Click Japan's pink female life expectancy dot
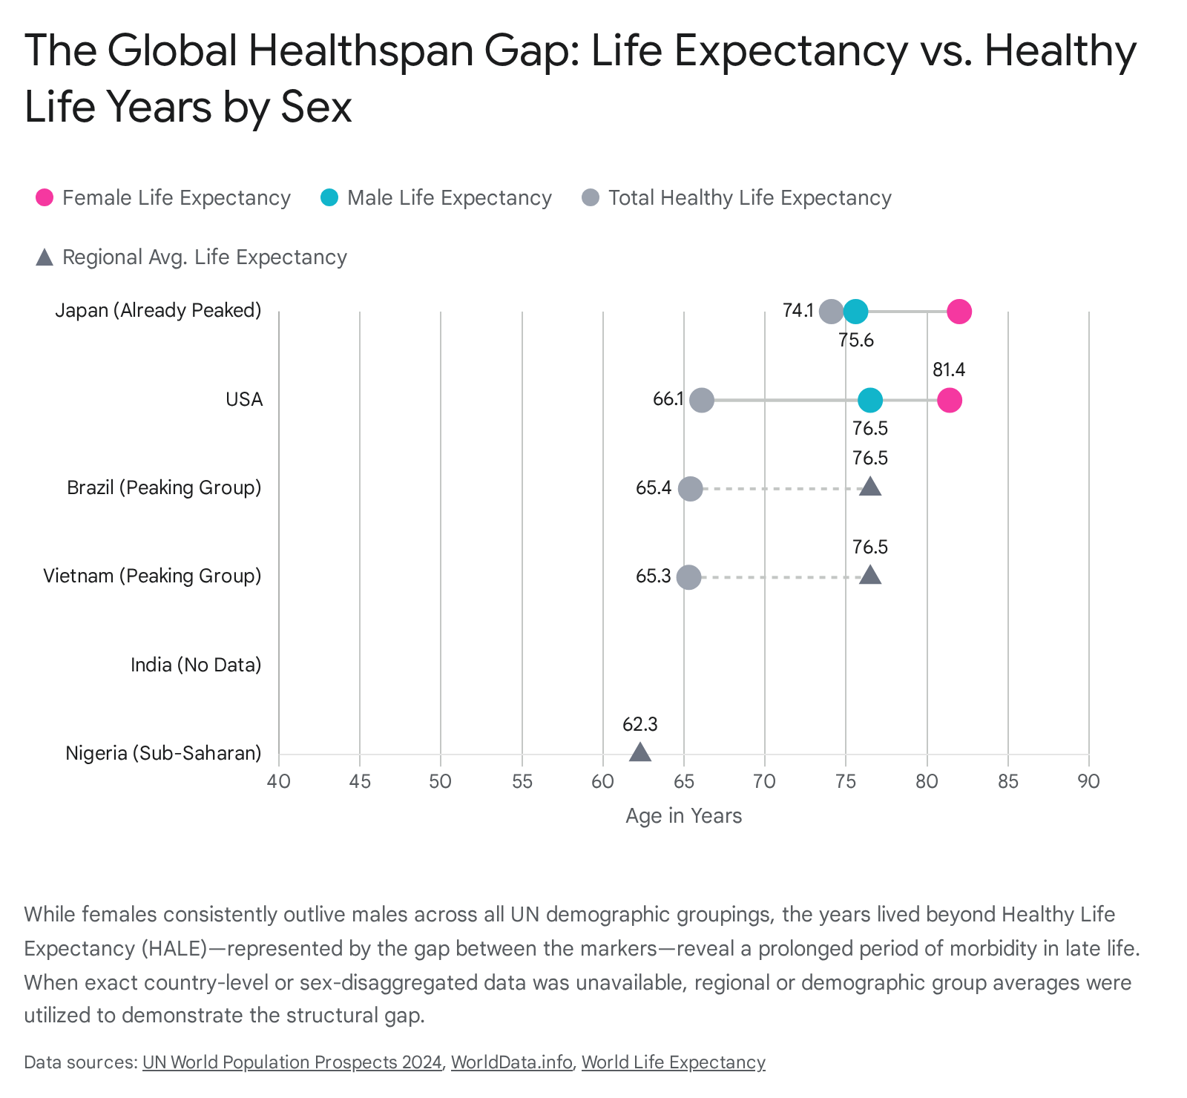(959, 312)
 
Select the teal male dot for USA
(870, 401)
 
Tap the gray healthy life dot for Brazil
(691, 489)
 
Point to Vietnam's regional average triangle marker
(870, 575)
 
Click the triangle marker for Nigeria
(640, 752)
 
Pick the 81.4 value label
(949, 369)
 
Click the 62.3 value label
(640, 724)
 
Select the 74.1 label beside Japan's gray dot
(798, 310)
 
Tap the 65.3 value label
(654, 576)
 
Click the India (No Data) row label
(196, 665)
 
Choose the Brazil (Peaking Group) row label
(164, 488)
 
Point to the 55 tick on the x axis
(522, 781)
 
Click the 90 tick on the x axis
(1089, 781)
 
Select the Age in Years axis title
(684, 816)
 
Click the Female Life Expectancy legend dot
(45, 197)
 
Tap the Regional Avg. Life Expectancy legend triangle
(45, 257)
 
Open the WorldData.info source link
(512, 1062)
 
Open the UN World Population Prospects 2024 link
(292, 1062)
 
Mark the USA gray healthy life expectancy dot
(702, 401)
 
